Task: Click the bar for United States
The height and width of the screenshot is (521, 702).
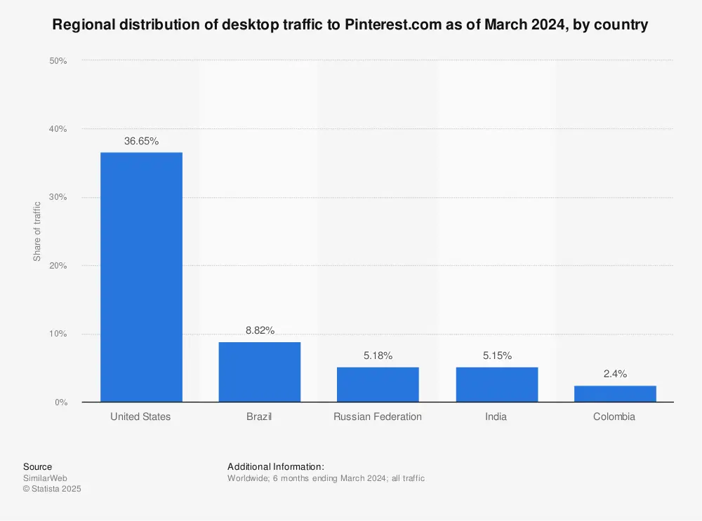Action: pyautogui.click(x=141, y=277)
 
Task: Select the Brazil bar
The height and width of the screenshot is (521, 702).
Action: pyautogui.click(x=260, y=372)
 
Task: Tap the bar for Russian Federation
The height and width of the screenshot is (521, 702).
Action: pyautogui.click(x=378, y=384)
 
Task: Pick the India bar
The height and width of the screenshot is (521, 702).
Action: pyautogui.click(x=496, y=384)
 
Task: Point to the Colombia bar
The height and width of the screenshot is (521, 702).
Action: pyautogui.click(x=615, y=393)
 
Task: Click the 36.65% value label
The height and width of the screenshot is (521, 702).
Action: pyautogui.click(x=141, y=141)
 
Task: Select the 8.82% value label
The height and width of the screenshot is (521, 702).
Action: pyautogui.click(x=260, y=330)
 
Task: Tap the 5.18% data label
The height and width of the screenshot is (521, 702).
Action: pyautogui.click(x=378, y=356)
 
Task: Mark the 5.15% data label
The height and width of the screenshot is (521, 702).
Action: pyautogui.click(x=496, y=356)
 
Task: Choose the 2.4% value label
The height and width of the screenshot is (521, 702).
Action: pyautogui.click(x=615, y=374)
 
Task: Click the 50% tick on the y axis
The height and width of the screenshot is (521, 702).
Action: pyautogui.click(x=58, y=61)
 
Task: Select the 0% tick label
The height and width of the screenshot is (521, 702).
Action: pyautogui.click(x=60, y=402)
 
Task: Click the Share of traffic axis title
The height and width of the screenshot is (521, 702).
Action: pyautogui.click(x=37, y=231)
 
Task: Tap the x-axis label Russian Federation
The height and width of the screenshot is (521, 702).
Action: pyautogui.click(x=378, y=417)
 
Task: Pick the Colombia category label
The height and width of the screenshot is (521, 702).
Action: pyautogui.click(x=614, y=417)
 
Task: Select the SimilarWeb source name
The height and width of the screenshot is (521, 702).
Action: pyautogui.click(x=45, y=478)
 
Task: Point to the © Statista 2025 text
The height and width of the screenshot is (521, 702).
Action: pyautogui.click(x=52, y=489)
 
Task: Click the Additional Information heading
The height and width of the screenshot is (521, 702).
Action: pyautogui.click(x=276, y=466)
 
